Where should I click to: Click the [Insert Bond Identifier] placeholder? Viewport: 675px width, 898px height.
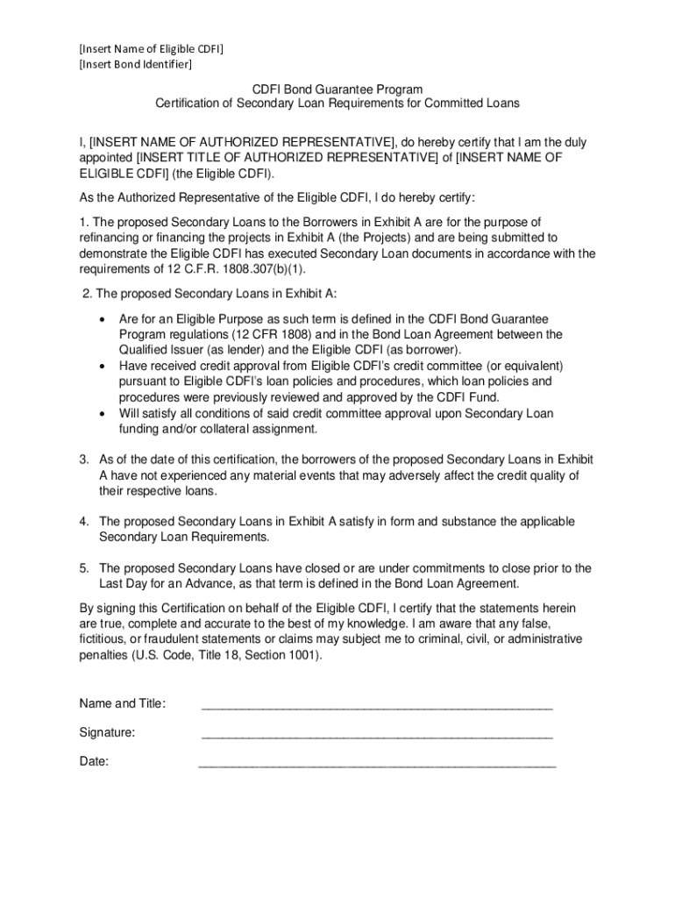[x=135, y=64]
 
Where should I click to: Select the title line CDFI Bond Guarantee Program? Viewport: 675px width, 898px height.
[x=337, y=89]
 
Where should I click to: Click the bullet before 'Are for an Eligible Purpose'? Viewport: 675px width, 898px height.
[x=104, y=320]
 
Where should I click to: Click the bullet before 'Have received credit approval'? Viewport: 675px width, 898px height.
[x=104, y=367]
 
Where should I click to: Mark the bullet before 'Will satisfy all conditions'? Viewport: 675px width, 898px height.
[x=104, y=414]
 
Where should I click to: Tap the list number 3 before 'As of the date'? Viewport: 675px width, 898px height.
[x=84, y=460]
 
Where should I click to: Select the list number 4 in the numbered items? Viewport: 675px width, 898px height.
[x=84, y=522]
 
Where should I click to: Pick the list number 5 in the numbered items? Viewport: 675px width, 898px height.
[x=84, y=568]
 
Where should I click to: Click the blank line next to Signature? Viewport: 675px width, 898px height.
[x=377, y=735]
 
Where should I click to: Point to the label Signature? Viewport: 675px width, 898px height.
[x=107, y=733]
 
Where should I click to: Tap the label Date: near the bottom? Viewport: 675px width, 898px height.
[x=94, y=762]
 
